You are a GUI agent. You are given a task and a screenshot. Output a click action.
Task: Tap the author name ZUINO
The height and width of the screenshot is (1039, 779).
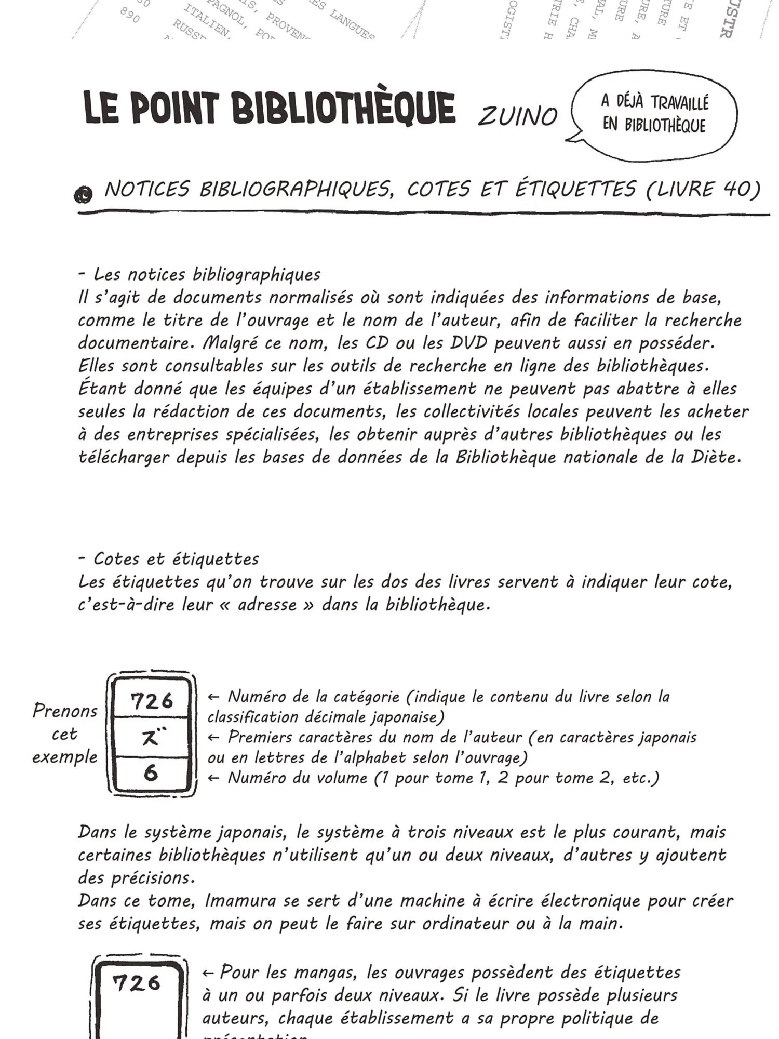coord(517,116)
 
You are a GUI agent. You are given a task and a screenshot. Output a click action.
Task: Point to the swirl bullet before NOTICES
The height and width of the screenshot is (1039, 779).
coord(83,195)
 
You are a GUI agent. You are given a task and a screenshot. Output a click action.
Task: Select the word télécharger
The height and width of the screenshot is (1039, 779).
coord(125,457)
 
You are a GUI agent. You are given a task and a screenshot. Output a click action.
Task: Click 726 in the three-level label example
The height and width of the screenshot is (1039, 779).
coord(152,701)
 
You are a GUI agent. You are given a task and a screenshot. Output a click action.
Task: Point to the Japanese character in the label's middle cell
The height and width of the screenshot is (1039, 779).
coord(152,738)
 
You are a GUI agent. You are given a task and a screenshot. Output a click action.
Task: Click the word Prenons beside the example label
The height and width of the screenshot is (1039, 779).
coord(65,711)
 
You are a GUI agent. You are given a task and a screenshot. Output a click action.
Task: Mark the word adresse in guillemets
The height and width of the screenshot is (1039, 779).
coord(267,605)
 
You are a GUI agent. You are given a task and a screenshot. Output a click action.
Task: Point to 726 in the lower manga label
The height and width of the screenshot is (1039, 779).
coord(137,983)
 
